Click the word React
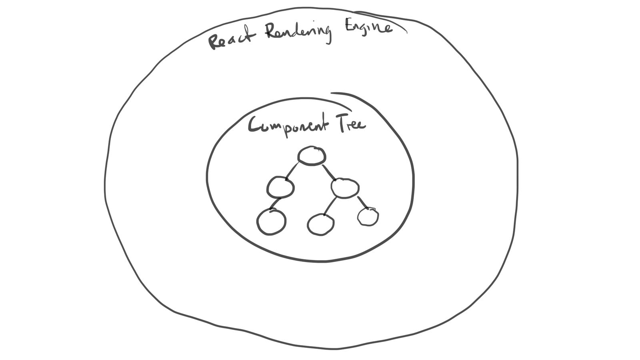231,39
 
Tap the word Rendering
298,32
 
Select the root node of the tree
312,156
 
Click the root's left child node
280,187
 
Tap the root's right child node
345,188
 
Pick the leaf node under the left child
271,222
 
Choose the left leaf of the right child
320,224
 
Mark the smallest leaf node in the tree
368,217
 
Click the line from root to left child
292,171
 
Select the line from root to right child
329,172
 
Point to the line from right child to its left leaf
330,206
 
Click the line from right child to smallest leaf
362,202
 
